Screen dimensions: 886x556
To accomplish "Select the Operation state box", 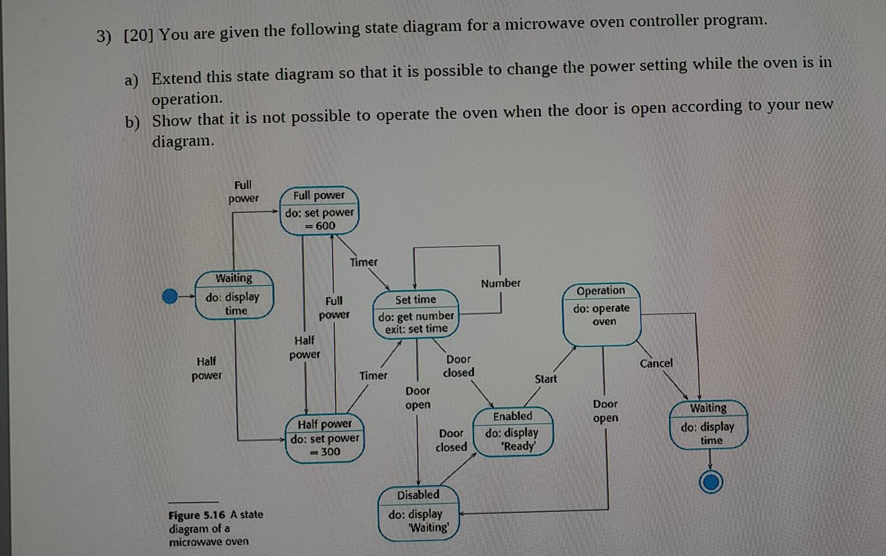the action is pyautogui.click(x=602, y=314).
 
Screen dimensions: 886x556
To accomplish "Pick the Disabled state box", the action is pyautogui.click(x=418, y=513).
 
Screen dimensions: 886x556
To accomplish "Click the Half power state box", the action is pyautogui.click(x=325, y=438).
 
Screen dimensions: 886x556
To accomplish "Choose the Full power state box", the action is pyautogui.click(x=319, y=211).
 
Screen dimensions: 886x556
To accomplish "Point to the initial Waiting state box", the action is pyautogui.click(x=234, y=295).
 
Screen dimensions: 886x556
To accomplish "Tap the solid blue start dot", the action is pyautogui.click(x=170, y=296).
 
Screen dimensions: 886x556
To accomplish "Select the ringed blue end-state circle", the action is pyautogui.click(x=711, y=482).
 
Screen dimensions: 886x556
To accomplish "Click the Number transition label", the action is pyautogui.click(x=501, y=283).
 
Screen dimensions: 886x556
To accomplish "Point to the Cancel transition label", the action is pyautogui.click(x=656, y=363).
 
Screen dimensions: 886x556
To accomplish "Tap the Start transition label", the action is pyautogui.click(x=545, y=379).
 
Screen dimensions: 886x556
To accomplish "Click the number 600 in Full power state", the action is pyautogui.click(x=325, y=225).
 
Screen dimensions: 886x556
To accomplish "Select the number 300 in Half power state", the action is pyautogui.click(x=330, y=452).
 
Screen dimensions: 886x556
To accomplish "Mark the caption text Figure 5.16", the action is pyautogui.click(x=197, y=515).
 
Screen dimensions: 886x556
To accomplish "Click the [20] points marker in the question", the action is pyautogui.click(x=138, y=35).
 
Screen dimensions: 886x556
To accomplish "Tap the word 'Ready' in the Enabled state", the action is pyautogui.click(x=519, y=446).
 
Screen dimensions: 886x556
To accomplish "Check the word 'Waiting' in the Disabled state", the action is pyautogui.click(x=429, y=528).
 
